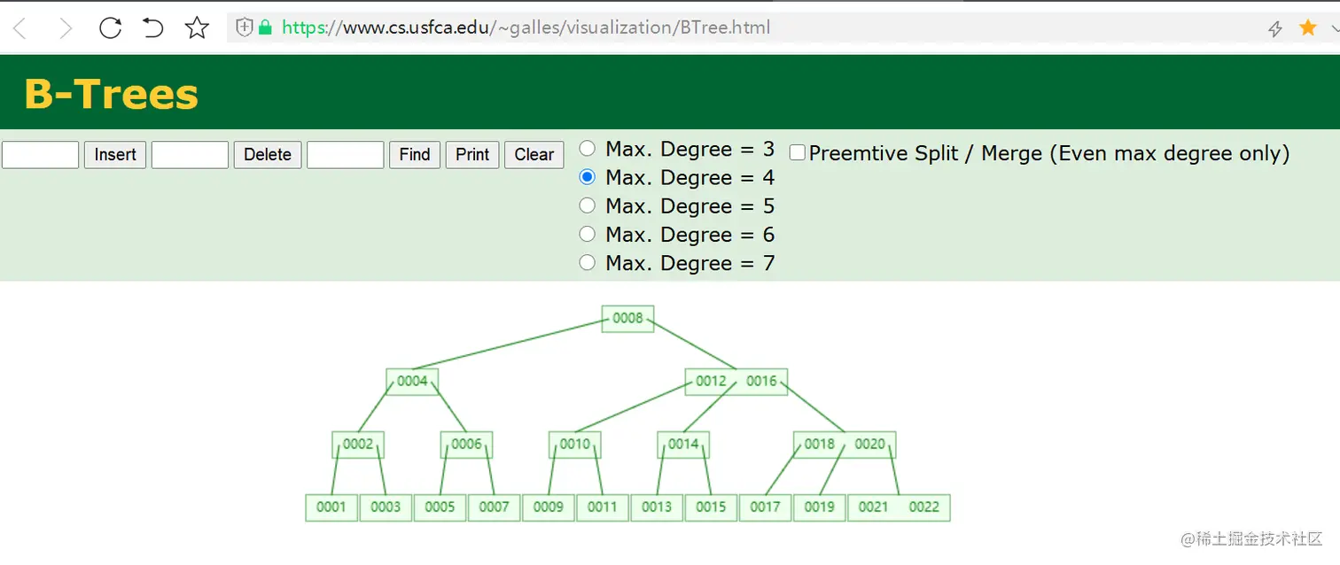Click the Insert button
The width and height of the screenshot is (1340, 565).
[x=115, y=155]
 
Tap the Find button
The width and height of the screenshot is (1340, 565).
[x=415, y=155]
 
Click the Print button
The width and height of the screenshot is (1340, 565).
[x=472, y=155]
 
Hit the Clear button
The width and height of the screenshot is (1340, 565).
[x=534, y=155]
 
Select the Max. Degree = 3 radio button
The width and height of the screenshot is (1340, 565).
[x=587, y=149]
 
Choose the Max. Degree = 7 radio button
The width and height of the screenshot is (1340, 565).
[x=587, y=263]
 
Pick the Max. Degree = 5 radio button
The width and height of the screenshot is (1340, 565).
[x=587, y=205]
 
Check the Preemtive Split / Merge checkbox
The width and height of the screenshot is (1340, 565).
[x=798, y=153]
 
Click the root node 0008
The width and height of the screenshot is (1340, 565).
[x=627, y=318]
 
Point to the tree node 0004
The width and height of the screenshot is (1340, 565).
[x=412, y=382]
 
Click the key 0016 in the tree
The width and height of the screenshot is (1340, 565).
[x=761, y=382]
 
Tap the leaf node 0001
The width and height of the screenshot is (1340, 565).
[x=331, y=507]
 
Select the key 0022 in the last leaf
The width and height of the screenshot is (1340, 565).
[x=923, y=507]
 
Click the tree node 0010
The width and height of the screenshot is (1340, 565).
[x=575, y=445]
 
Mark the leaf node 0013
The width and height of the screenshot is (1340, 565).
[x=657, y=507]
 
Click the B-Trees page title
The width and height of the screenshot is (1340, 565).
[x=111, y=94]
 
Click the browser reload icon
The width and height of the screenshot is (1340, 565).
[x=110, y=28]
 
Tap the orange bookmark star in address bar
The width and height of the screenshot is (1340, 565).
[x=1308, y=28]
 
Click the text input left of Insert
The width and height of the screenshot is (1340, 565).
[x=41, y=155]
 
